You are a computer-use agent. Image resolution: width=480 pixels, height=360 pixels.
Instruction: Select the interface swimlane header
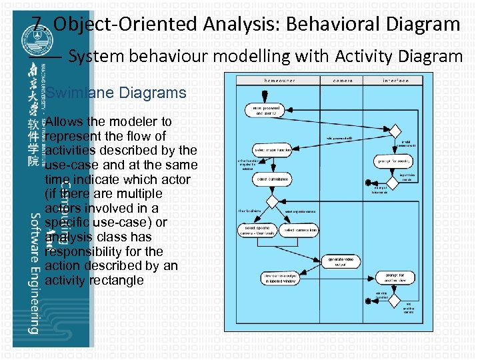coord(395,80)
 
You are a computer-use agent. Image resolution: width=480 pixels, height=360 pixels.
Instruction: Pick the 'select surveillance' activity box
coord(273,179)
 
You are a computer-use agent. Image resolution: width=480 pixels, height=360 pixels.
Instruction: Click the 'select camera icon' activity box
coord(300,231)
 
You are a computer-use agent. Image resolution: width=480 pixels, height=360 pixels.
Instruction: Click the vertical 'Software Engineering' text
coord(32,273)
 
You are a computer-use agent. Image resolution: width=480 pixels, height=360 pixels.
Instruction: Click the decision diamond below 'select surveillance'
coord(271,201)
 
